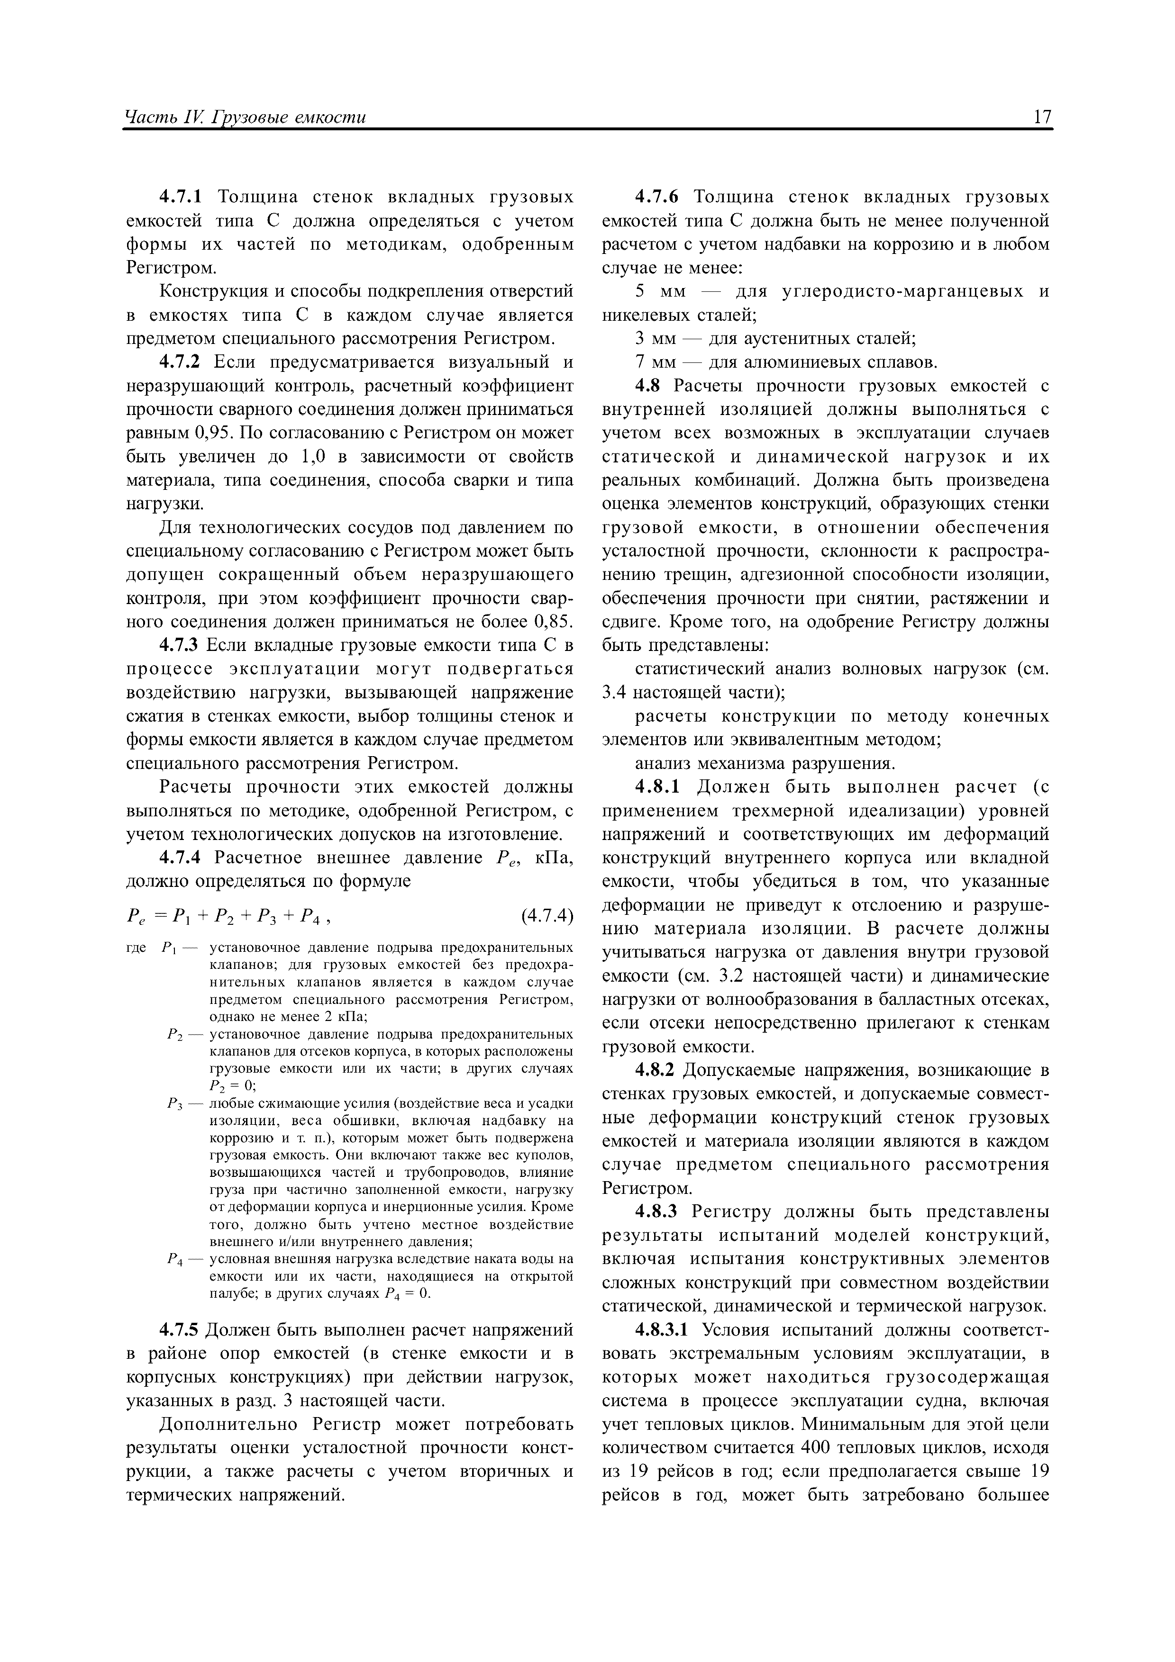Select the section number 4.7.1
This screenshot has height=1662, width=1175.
(182, 197)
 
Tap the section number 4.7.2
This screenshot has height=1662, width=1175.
(182, 362)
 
